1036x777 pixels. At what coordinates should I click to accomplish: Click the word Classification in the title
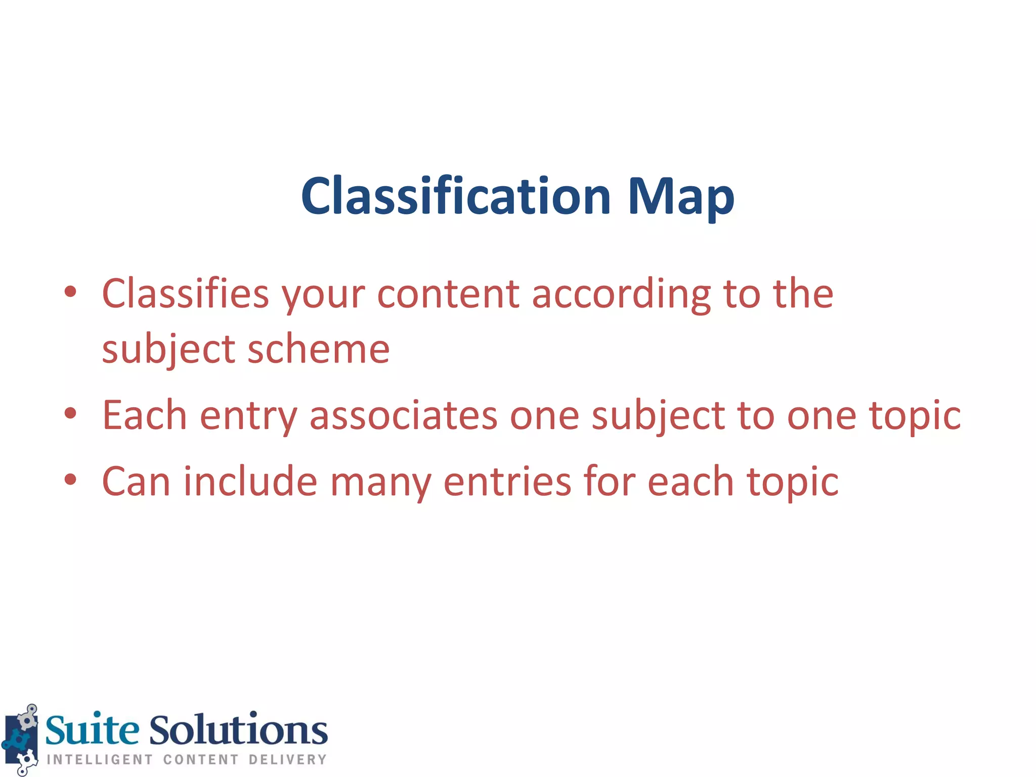point(456,196)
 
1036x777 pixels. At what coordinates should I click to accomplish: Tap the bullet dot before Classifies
point(70,291)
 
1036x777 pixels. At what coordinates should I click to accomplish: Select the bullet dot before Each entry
point(70,413)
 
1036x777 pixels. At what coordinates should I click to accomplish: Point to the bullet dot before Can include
point(70,480)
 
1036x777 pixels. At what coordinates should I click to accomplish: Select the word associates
point(403,415)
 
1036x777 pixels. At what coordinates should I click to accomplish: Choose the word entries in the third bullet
point(507,482)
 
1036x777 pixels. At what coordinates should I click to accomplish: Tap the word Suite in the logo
point(92,730)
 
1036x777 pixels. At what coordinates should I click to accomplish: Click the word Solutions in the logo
point(238,730)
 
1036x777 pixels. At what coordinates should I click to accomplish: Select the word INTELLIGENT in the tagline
point(100,760)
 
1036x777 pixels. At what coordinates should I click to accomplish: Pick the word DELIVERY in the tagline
point(287,760)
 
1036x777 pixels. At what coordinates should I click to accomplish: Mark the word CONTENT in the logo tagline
point(201,760)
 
